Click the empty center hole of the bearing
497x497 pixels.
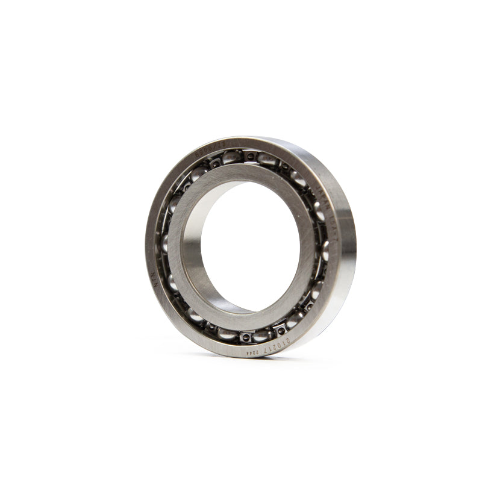pos(250,246)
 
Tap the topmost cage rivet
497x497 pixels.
pos(249,156)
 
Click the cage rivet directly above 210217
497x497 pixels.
pos(278,330)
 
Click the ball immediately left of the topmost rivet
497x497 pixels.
pos(231,158)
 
